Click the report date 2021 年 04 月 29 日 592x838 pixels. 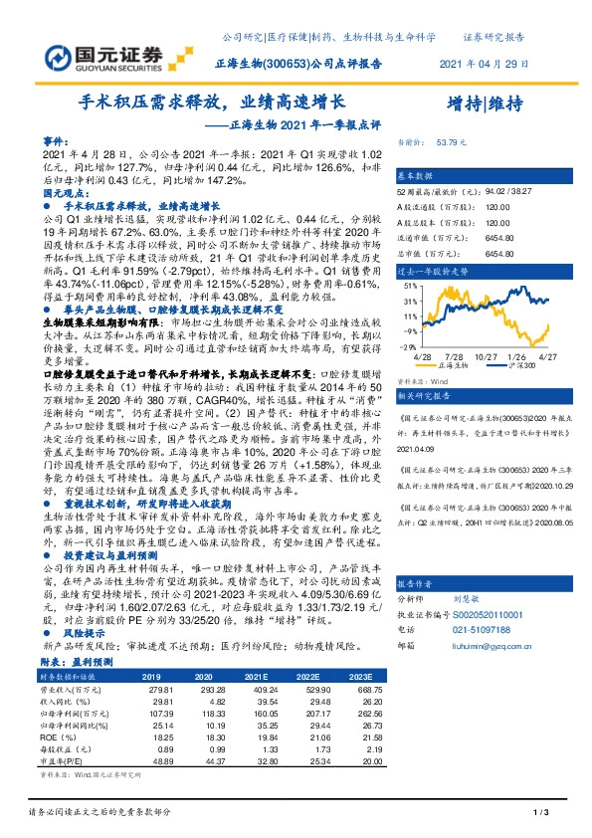pos(481,63)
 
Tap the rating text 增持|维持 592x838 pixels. pos(485,103)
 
